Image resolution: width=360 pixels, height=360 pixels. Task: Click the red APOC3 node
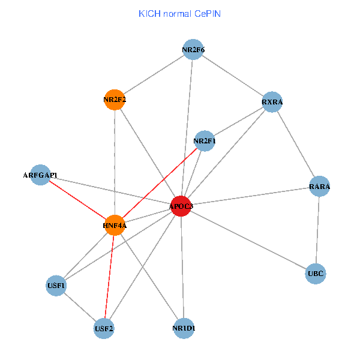pos(181,206)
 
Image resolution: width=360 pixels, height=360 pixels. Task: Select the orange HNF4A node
pos(114,225)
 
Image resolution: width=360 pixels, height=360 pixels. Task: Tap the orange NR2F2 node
pos(114,100)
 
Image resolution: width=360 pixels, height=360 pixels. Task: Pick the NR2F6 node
pos(193,49)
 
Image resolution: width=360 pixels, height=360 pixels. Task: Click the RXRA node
pos(272,102)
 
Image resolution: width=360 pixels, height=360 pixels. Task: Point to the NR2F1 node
pos(205,141)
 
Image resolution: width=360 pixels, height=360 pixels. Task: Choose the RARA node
pos(320,187)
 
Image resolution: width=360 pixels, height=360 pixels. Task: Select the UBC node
pos(315,274)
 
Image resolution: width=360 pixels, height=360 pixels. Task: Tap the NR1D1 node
pos(184,328)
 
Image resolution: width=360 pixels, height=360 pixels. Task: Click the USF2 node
pos(104,328)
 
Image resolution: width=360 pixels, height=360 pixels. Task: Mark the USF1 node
pos(56,286)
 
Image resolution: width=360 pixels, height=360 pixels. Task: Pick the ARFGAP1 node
pos(40,175)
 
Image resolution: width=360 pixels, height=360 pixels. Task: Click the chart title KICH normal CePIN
pos(179,13)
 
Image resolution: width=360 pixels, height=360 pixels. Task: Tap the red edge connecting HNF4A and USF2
pos(109,277)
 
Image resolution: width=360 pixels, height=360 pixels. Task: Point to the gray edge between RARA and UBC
pos(317,230)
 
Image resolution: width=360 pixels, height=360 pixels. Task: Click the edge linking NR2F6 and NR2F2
pos(154,74)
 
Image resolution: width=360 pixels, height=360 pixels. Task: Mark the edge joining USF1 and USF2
pos(80,307)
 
